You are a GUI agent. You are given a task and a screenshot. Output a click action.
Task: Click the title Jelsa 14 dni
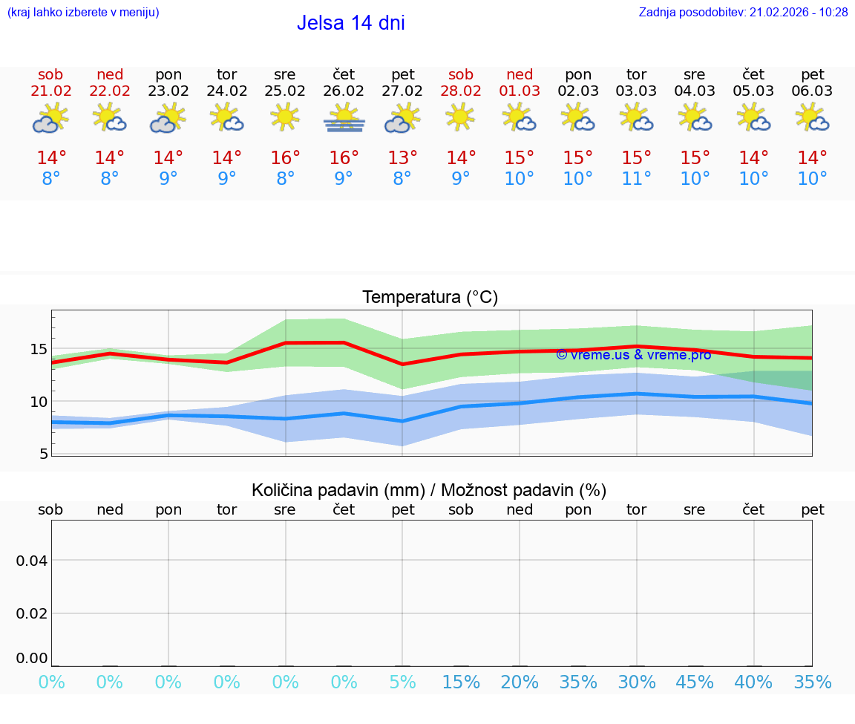point(350,23)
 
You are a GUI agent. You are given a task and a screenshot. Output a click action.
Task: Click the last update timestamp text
point(743,13)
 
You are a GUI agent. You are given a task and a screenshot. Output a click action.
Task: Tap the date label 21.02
point(50,91)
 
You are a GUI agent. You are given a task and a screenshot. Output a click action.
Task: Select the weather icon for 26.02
point(344,118)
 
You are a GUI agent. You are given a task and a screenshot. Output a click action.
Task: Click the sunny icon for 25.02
point(285,117)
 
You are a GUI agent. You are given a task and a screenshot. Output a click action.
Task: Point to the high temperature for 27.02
point(402,158)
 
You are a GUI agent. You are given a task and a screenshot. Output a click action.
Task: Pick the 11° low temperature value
point(636,179)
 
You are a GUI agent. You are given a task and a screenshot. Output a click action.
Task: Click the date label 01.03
point(520,91)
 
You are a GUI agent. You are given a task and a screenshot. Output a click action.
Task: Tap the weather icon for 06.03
point(812,118)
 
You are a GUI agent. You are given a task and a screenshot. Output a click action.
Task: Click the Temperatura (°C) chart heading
point(430,298)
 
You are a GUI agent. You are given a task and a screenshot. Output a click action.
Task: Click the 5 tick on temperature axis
point(43,454)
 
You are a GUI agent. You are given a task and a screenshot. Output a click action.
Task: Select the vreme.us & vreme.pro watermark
point(633,355)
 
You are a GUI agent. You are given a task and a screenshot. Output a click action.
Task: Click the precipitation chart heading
point(429,490)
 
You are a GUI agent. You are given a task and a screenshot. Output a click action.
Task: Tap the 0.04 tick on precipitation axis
point(32,561)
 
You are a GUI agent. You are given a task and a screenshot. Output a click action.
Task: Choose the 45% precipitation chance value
point(695,682)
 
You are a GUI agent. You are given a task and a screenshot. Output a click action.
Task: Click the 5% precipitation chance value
point(402,682)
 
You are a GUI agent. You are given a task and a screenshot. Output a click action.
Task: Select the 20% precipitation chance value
point(520,682)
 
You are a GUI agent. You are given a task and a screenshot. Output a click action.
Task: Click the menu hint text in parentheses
point(83,13)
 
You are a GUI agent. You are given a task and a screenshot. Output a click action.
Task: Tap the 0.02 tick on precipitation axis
point(32,613)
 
